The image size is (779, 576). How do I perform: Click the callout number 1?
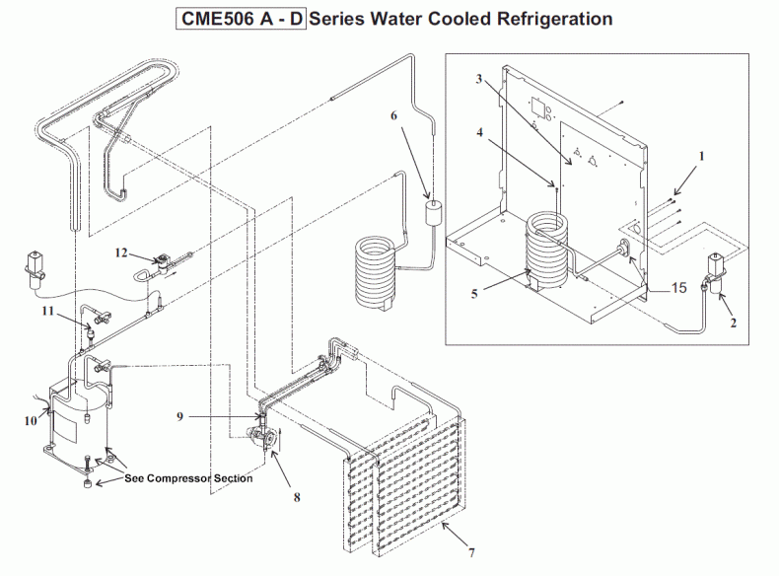click(x=702, y=156)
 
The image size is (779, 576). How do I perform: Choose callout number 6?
click(x=393, y=115)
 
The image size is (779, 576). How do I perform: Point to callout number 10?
click(x=31, y=420)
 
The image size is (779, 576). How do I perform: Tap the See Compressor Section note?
click(x=188, y=478)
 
